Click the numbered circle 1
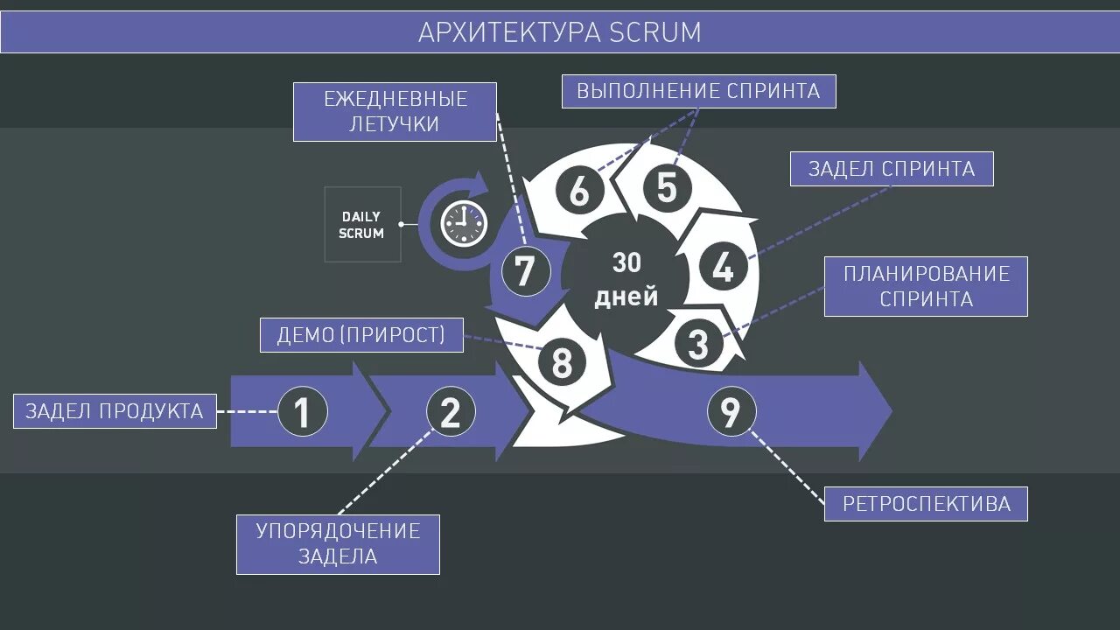click(x=303, y=411)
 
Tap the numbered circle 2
click(x=451, y=411)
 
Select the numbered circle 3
click(x=697, y=344)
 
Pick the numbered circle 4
click(x=723, y=268)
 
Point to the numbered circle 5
click(x=667, y=188)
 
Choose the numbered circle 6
click(x=579, y=192)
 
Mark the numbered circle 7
click(x=525, y=271)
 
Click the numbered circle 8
click(x=562, y=361)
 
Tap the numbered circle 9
click(x=731, y=411)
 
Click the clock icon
click(x=463, y=224)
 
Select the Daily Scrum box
click(x=362, y=224)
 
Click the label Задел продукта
click(x=115, y=411)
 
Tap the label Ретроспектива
click(x=926, y=504)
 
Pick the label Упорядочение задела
click(x=338, y=544)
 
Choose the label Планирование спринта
click(x=926, y=286)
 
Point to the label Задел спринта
click(x=892, y=169)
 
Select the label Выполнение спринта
click(x=698, y=91)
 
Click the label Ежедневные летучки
click(x=395, y=111)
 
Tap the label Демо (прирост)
click(x=361, y=335)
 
